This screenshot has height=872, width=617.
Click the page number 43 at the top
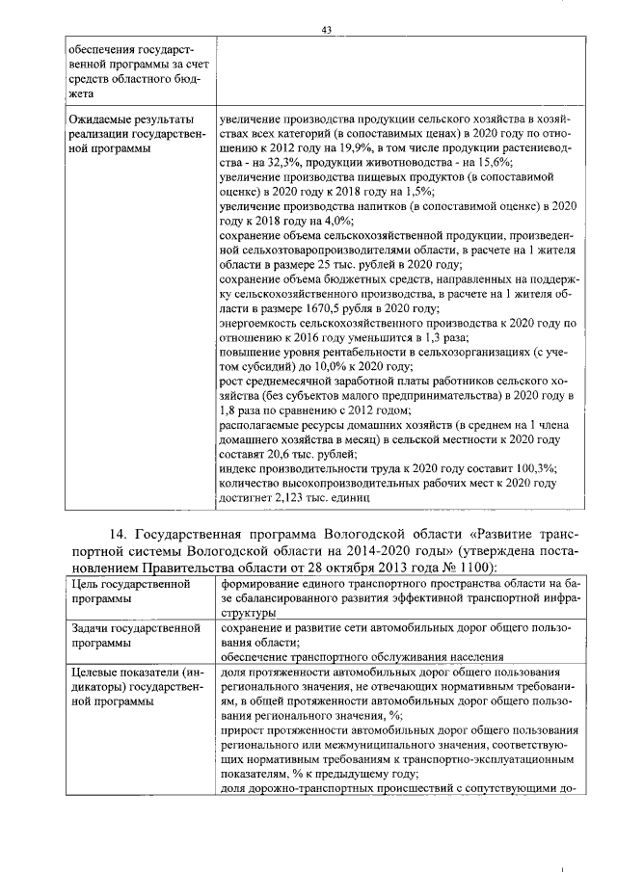click(x=327, y=30)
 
